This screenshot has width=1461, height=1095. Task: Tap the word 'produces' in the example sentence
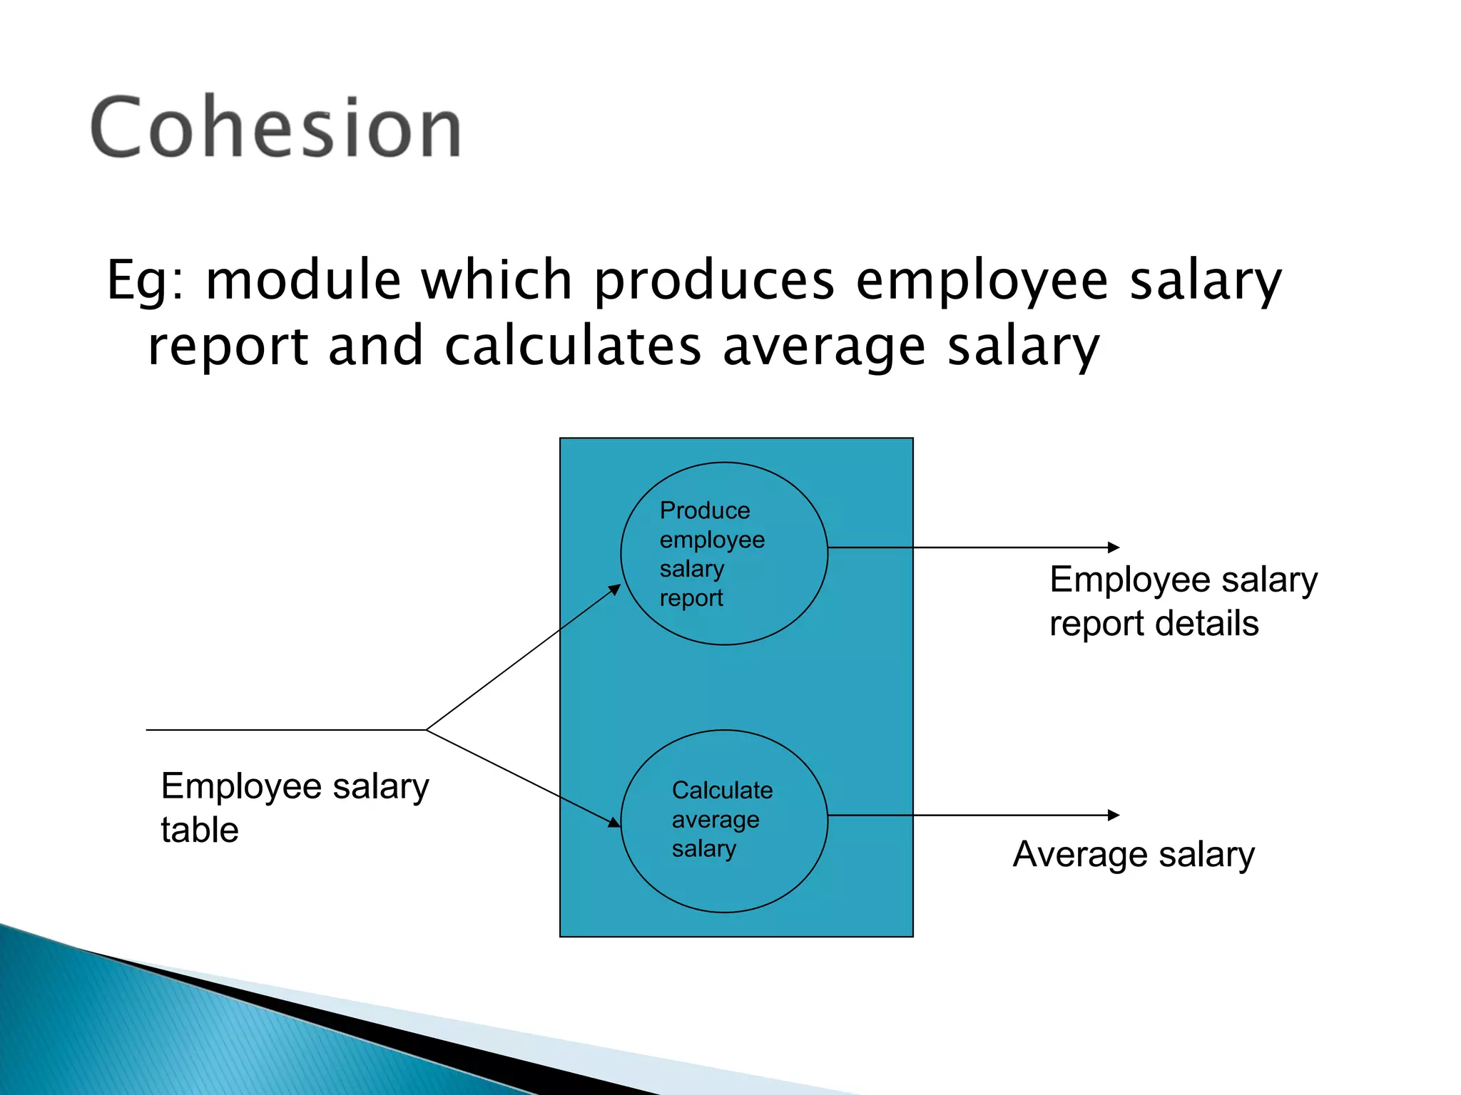pyautogui.click(x=714, y=282)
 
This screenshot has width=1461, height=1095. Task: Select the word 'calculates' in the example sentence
pyautogui.click(x=573, y=346)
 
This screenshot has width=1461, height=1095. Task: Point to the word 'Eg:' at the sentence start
pyautogui.click(x=146, y=282)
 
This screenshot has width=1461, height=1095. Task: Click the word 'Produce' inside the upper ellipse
pyautogui.click(x=705, y=510)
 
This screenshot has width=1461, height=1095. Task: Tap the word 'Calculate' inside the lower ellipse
pyautogui.click(x=722, y=790)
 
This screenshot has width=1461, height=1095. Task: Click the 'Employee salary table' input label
pyautogui.click(x=294, y=808)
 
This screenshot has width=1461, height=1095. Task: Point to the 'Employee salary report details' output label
pyautogui.click(x=1183, y=601)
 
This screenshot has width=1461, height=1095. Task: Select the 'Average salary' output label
pyautogui.click(x=1133, y=854)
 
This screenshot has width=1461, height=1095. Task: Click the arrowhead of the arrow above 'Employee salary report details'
pyautogui.click(x=1114, y=547)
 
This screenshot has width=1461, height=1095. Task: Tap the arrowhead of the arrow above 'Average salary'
pyautogui.click(x=1114, y=815)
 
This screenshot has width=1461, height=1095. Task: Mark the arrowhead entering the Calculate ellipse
pyautogui.click(x=614, y=823)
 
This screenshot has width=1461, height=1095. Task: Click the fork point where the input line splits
pyautogui.click(x=427, y=730)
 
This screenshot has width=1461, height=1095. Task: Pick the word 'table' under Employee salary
pyautogui.click(x=199, y=830)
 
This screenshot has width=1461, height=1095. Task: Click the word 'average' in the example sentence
pyautogui.click(x=824, y=347)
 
